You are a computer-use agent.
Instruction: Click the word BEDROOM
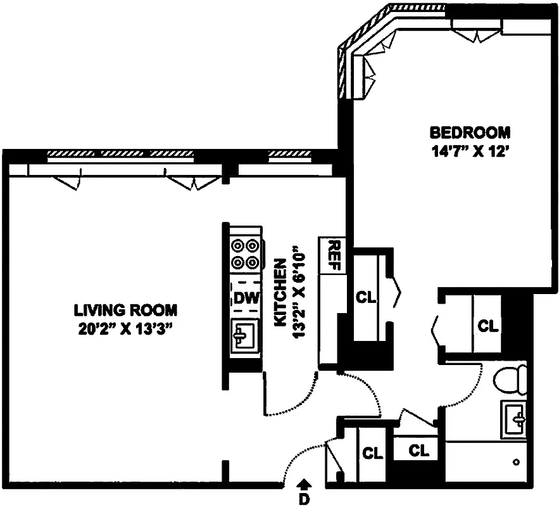(470, 133)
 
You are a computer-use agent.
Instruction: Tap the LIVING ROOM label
(125, 311)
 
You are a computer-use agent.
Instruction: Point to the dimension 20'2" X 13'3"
(125, 330)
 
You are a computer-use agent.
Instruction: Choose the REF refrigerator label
(335, 255)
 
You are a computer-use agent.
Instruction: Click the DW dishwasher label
(245, 297)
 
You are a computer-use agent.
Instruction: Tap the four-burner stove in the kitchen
(245, 253)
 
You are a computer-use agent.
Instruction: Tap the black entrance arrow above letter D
(304, 485)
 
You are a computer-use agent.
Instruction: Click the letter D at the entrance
(304, 499)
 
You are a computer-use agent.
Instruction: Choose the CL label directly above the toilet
(487, 326)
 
